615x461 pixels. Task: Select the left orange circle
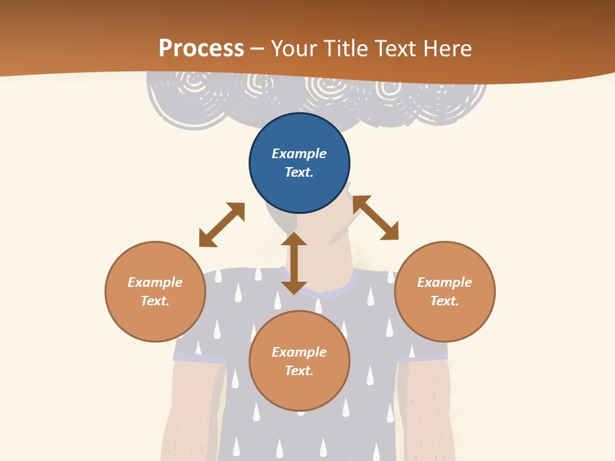pos(155,291)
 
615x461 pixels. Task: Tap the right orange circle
pos(445,291)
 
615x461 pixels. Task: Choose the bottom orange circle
pos(299,361)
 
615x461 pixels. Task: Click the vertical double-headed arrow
pos(294,263)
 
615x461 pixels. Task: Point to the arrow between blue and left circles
pos(222,225)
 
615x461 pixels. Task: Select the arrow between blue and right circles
pos(375,218)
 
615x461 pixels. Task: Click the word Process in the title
pos(201,48)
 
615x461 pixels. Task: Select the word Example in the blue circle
pos(299,154)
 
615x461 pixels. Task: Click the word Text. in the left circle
pos(155,301)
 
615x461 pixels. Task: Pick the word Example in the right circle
pos(445,282)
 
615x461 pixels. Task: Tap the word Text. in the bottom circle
pos(299,371)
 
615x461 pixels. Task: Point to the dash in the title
pos(258,49)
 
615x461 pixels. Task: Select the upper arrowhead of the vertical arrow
pos(294,239)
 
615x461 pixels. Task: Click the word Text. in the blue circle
pos(299,172)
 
